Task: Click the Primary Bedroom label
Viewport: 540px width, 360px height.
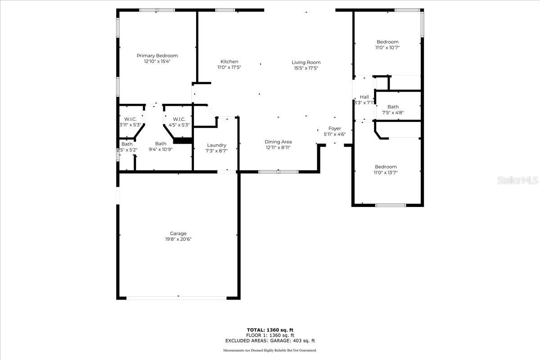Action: pos(157,56)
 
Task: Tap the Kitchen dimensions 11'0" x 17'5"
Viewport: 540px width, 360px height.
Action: pos(229,67)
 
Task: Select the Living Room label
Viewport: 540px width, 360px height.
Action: pos(306,63)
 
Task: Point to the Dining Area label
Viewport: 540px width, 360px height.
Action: pos(278,142)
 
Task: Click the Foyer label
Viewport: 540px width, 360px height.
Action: pos(335,129)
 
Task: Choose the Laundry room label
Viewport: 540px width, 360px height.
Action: pos(216,145)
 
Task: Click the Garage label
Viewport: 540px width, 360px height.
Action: pos(178,234)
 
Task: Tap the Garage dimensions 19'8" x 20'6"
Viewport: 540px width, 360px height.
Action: pos(178,239)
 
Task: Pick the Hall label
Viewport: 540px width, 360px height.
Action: pos(364,97)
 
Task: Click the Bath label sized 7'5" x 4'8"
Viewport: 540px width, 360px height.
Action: pos(393,107)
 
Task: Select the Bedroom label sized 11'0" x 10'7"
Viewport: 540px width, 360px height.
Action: pos(387,42)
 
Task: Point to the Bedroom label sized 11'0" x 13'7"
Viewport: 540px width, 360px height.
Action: pos(386,167)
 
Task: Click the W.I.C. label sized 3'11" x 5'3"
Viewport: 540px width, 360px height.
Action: pos(130,119)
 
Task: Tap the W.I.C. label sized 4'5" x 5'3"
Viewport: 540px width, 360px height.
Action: pos(179,119)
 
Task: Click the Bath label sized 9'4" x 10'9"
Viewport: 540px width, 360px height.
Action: pos(161,144)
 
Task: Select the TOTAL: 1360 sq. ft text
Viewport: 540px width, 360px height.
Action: pos(270,330)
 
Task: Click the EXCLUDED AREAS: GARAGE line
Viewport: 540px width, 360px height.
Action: pos(270,341)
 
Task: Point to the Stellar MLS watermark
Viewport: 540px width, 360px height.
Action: pos(517,180)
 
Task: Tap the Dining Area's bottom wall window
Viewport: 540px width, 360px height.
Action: pos(279,172)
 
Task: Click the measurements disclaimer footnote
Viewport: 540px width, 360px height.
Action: pos(270,351)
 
